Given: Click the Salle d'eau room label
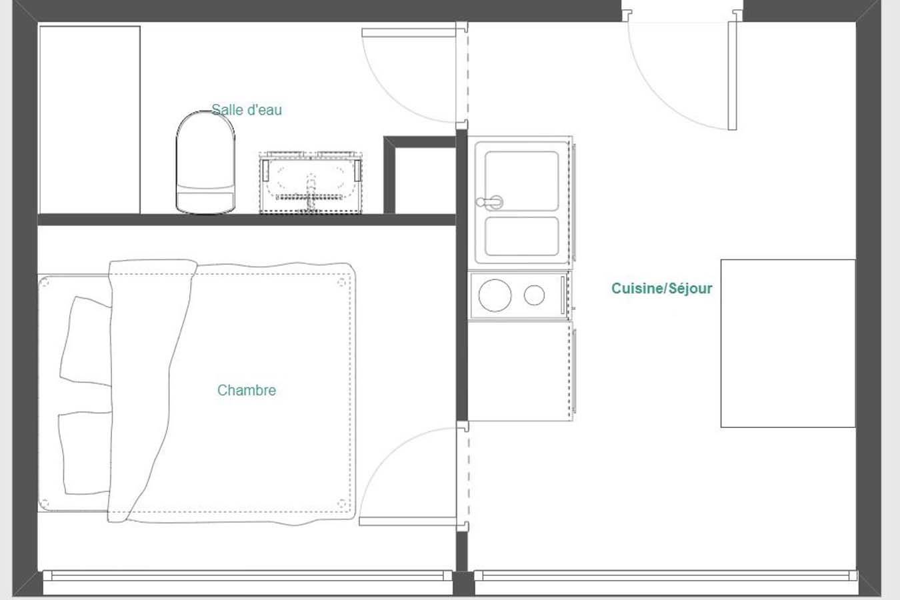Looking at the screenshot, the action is tap(247, 110).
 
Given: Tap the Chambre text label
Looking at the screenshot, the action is tap(247, 390).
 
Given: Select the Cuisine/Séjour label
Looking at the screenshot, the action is tap(662, 288).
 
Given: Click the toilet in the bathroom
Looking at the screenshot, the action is tap(205, 163).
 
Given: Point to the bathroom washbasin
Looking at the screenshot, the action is tap(311, 183).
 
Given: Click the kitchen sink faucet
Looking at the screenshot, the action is tap(489, 202).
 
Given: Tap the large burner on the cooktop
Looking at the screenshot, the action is tap(495, 295).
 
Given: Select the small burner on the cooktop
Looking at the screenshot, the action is tap(535, 295).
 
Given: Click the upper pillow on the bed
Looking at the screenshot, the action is tap(85, 341).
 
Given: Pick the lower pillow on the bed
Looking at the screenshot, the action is tap(85, 453).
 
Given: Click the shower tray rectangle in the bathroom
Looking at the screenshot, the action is tap(89, 120).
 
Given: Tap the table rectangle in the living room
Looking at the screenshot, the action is tap(788, 343).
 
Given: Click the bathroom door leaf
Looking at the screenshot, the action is tap(409, 33).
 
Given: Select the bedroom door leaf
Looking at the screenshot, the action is tap(408, 521).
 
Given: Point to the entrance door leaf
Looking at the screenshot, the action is tap(732, 76).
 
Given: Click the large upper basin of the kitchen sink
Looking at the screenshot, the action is tap(522, 181).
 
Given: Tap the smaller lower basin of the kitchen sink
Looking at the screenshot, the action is tap(522, 236).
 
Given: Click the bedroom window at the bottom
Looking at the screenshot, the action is tap(247, 576).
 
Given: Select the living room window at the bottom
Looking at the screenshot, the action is tap(666, 576).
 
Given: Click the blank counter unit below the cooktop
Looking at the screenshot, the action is tap(520, 371).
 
